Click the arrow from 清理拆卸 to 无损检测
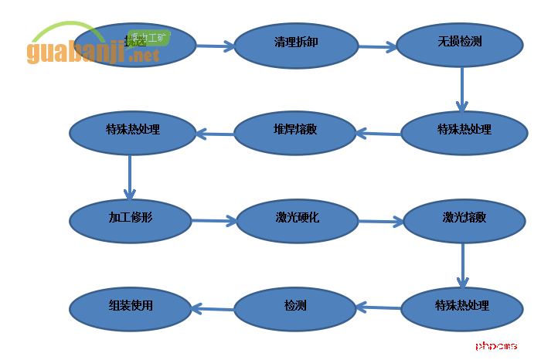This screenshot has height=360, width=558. coord(377,47)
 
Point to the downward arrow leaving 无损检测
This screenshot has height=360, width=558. coord(461,89)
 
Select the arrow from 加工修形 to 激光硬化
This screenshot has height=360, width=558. coord(213,221)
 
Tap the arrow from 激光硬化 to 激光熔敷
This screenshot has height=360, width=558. coord(379,222)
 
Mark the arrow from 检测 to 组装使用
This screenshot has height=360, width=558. coord(213,309)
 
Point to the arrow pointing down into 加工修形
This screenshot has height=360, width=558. coord(130,177)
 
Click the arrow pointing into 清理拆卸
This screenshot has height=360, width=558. coord(215,46)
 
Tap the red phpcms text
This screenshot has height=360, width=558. coord(496,346)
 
